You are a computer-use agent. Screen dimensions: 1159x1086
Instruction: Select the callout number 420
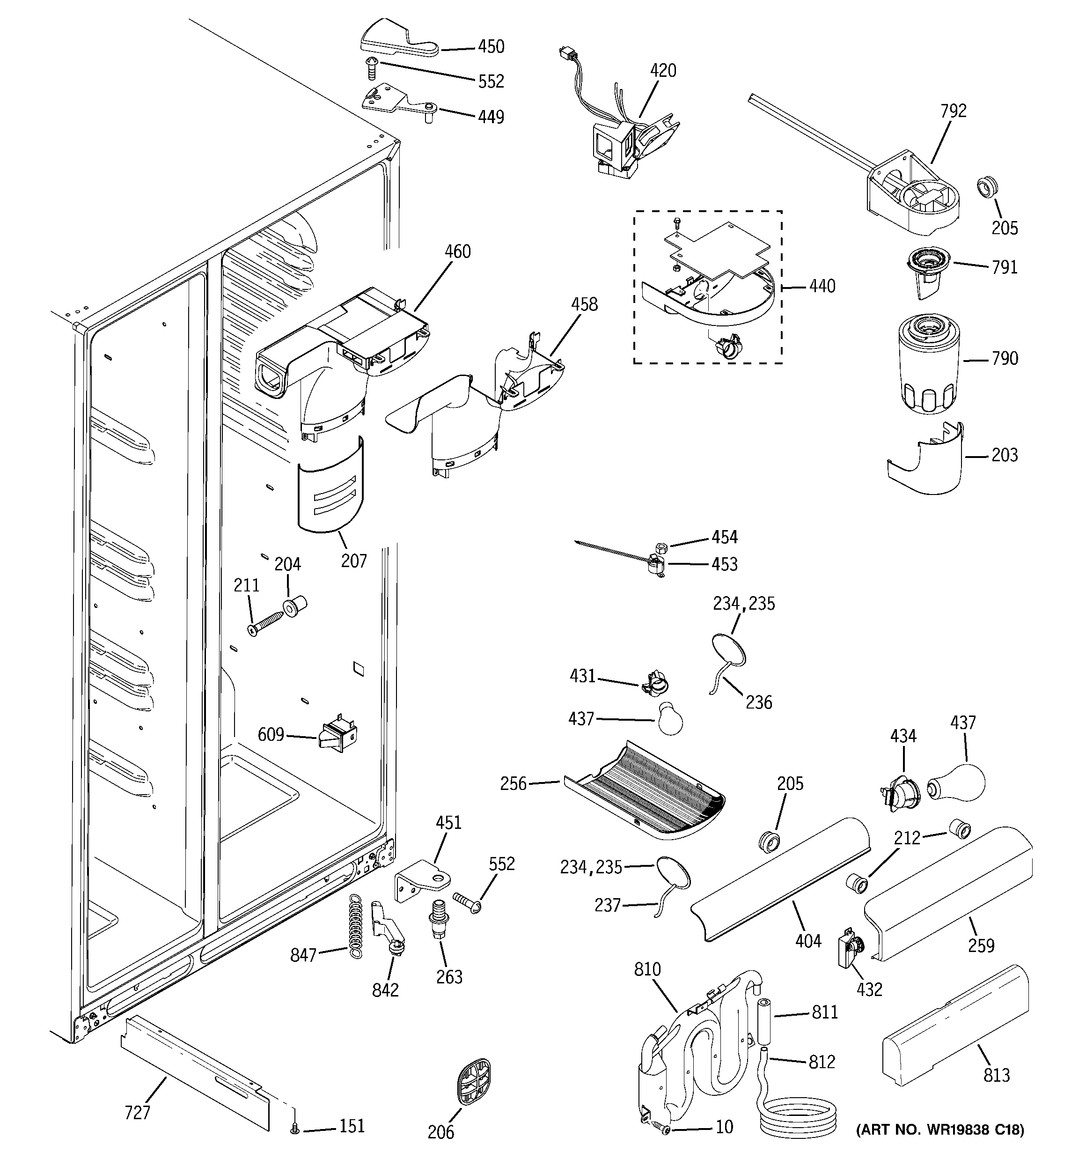[x=663, y=71]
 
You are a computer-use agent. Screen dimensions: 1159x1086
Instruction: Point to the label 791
[x=1005, y=267]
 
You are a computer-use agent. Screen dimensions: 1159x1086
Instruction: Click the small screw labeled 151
[x=295, y=1130]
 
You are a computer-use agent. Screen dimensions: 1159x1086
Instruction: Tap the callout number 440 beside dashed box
[x=822, y=286]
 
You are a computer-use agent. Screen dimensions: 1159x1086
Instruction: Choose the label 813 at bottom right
[x=996, y=1074]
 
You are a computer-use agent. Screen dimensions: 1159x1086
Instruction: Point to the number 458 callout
[x=584, y=304]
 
